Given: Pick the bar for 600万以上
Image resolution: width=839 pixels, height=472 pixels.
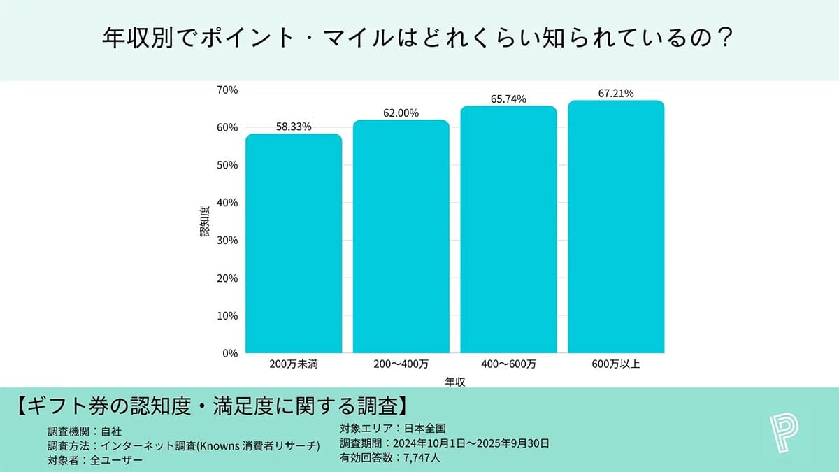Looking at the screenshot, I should coord(616,227).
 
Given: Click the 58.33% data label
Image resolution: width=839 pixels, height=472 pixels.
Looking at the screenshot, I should coord(294,127).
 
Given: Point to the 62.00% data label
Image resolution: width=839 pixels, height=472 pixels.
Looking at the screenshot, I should coord(401,113).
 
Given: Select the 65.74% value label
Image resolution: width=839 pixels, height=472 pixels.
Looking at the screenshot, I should coord(508,99).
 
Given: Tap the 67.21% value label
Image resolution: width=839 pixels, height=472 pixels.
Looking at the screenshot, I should coord(616,93).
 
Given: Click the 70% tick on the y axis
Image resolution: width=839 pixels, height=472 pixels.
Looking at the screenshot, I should coord(228,90).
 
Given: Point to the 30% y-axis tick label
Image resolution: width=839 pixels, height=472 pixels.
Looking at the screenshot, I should coord(228,241).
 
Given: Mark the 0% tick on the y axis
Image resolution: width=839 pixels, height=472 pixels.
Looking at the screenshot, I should coord(231,353).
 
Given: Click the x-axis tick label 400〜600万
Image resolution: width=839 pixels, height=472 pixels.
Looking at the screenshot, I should coord(508,364).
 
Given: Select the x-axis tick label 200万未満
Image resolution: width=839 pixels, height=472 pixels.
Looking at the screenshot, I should coord(294,364).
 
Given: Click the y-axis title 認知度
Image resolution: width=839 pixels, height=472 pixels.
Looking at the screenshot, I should coord(205,222).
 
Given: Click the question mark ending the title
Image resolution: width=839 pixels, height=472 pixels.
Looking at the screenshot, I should coord(724,37).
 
